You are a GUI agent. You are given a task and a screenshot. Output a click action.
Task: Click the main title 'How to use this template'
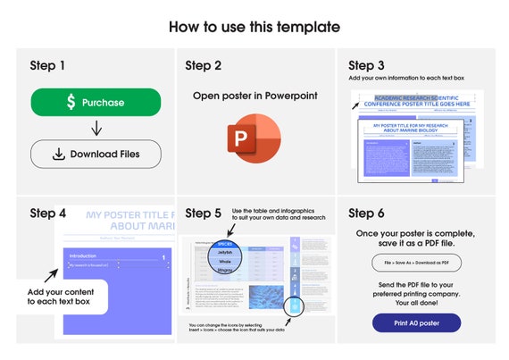click(x=254, y=27)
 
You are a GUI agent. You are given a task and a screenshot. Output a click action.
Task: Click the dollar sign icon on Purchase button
click(x=71, y=103)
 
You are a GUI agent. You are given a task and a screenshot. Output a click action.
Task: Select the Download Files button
click(x=96, y=154)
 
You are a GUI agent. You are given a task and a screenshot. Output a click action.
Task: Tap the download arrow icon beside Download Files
click(x=58, y=154)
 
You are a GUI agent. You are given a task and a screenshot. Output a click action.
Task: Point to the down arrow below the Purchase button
click(x=96, y=128)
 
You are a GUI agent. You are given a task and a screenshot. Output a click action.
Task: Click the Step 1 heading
click(x=47, y=65)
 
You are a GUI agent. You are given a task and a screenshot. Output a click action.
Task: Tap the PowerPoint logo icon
click(x=254, y=138)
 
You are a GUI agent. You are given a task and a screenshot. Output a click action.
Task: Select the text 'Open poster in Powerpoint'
click(x=254, y=96)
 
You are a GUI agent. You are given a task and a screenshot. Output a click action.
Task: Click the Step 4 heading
click(x=47, y=213)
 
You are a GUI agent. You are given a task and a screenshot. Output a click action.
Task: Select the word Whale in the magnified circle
click(x=225, y=261)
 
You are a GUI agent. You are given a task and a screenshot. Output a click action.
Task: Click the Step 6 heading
click(x=366, y=213)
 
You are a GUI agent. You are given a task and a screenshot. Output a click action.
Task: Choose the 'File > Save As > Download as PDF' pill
click(x=416, y=263)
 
